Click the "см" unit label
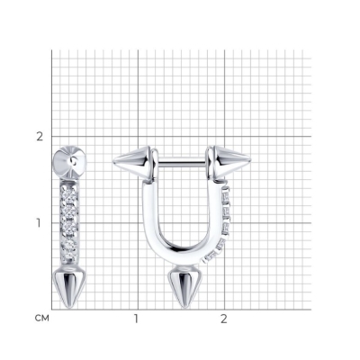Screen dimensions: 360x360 41,318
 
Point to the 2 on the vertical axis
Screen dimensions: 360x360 40,137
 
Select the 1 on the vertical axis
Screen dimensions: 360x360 39,223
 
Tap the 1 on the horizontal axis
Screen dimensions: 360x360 136,319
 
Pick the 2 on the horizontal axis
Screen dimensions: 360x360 224,319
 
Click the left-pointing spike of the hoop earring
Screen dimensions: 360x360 133,162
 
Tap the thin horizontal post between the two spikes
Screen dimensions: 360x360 182,164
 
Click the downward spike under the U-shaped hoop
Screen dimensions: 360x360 184,285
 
